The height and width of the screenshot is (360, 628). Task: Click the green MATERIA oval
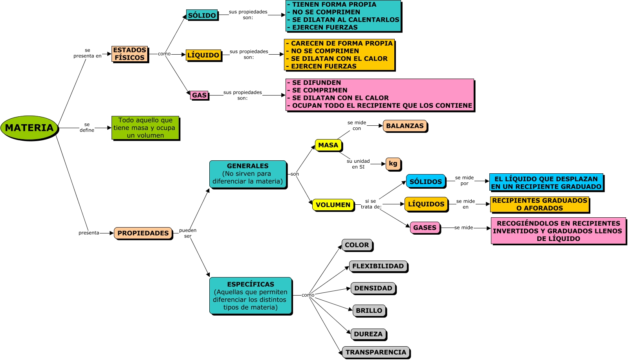tap(29, 128)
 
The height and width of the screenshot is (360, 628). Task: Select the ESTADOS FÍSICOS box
tap(130, 54)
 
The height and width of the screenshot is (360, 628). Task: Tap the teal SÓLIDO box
tap(202, 15)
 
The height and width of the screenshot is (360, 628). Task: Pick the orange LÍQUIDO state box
tap(203, 55)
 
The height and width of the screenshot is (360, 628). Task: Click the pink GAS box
tap(199, 95)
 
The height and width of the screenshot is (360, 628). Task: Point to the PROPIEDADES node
tap(143, 233)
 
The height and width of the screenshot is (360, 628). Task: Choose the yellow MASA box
tap(328, 145)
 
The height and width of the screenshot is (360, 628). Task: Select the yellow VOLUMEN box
tap(333, 205)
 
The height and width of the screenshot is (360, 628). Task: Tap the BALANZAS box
tap(405, 126)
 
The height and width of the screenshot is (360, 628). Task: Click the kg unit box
tap(393, 163)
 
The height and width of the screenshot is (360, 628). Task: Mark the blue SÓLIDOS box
tap(426, 182)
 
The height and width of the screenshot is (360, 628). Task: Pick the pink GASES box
tap(425, 228)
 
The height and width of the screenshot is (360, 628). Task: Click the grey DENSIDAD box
tap(373, 288)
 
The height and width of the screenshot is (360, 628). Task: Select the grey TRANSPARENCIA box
tap(376, 352)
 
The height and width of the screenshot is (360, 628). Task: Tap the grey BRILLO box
tap(369, 310)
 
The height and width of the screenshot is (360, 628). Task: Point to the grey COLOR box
tap(357, 245)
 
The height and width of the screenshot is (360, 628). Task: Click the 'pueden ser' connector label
tap(188, 233)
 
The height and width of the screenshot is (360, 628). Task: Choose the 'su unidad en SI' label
tap(358, 164)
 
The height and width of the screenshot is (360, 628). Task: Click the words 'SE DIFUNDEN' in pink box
tap(317, 83)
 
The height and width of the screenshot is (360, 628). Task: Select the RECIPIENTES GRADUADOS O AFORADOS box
tap(540, 204)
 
